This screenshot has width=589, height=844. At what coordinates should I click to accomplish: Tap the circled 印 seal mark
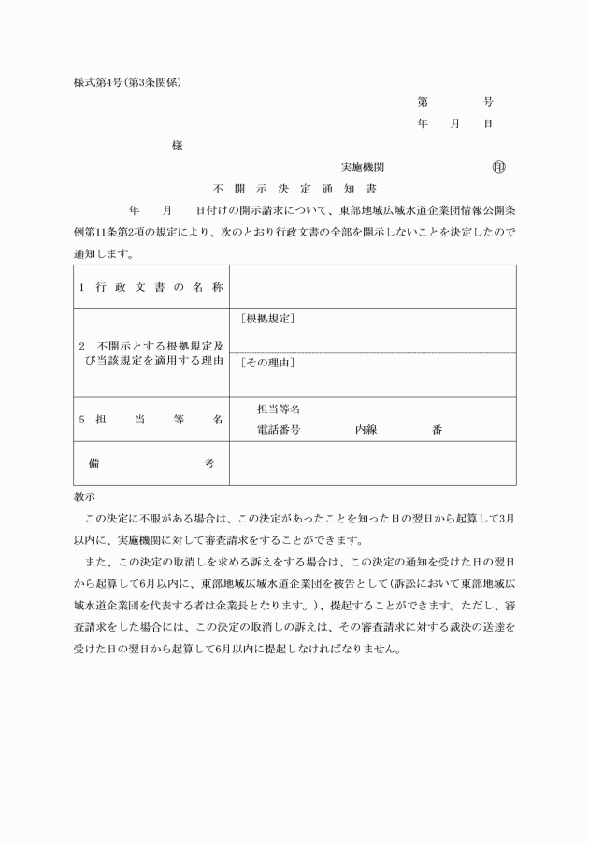497,167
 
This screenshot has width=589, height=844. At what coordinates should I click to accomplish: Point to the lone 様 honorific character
177,146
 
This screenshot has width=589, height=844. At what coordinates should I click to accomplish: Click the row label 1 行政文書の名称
151,287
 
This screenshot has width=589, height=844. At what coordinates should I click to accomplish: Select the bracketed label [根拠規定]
267,320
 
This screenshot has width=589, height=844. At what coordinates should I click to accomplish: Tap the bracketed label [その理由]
267,363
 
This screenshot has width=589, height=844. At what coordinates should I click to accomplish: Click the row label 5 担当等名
151,420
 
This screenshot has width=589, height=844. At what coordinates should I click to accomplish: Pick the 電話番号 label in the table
278,430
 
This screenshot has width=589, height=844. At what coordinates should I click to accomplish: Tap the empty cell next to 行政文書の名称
372,287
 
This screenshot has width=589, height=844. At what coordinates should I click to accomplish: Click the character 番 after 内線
438,430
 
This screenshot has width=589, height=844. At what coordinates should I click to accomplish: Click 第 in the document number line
423,102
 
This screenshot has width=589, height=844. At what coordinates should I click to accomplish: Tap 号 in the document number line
488,102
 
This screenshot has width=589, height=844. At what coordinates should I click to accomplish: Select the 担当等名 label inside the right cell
278,409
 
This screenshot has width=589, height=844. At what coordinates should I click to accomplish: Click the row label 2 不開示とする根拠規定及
151,345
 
